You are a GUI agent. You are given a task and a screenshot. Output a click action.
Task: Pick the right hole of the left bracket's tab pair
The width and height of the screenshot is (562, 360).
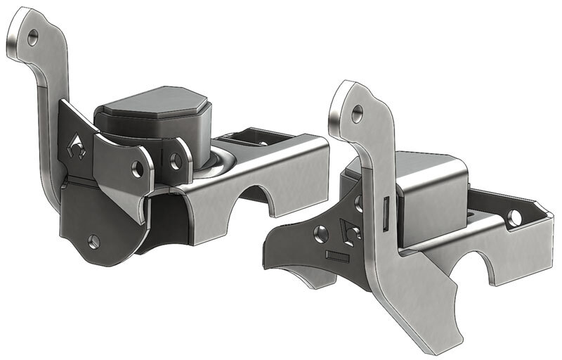point(175,161)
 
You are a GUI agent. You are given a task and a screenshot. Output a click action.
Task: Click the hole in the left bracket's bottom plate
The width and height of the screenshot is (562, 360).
point(93,241)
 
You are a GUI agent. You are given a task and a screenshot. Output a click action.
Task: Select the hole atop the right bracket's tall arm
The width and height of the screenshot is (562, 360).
point(358,110)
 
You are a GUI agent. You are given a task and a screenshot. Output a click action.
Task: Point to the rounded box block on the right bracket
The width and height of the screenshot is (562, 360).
point(429,193)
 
